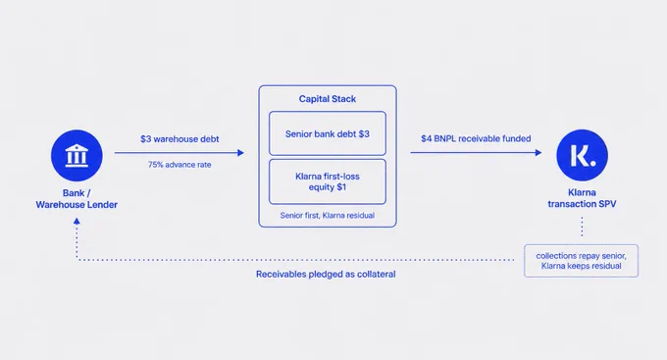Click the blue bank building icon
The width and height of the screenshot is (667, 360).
[x=77, y=155]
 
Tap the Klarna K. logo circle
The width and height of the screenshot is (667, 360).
[x=582, y=155]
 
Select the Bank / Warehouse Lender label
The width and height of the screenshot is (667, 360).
[x=77, y=199]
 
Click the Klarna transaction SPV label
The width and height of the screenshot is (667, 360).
[x=582, y=198]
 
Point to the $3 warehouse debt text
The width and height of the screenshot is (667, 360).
[x=180, y=139]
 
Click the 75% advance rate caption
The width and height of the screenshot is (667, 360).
[x=180, y=165]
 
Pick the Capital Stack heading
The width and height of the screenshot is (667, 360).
[x=327, y=99]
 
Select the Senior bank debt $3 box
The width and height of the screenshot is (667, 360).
[x=328, y=133]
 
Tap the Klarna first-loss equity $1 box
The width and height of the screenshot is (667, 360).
[x=328, y=181]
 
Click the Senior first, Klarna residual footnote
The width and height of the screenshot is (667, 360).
[x=327, y=216]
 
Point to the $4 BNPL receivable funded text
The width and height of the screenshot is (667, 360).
[x=476, y=138]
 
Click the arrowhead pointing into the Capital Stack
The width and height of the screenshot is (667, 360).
[x=240, y=153]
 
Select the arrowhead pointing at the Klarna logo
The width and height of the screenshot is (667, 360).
[x=539, y=152]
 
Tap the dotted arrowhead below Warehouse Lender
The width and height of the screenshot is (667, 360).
[x=77, y=222]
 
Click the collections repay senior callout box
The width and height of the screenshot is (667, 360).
[x=581, y=261]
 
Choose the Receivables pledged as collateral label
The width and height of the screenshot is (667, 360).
[x=326, y=274]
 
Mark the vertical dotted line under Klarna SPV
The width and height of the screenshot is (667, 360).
[x=582, y=227]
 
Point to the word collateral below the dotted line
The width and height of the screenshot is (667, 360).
[x=376, y=274]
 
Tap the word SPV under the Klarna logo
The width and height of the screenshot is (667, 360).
[x=607, y=204]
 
